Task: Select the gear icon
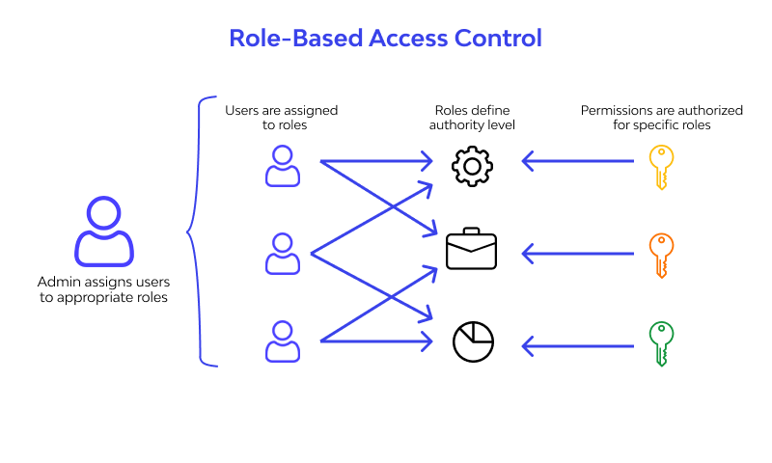coord(472,166)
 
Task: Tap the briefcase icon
coord(471,250)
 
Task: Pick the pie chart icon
coord(473,340)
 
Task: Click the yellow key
coord(660,167)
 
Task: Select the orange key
coord(660,255)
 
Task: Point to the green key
coord(660,343)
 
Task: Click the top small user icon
coord(282,166)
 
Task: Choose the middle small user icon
coord(282,253)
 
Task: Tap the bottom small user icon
coord(282,341)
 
